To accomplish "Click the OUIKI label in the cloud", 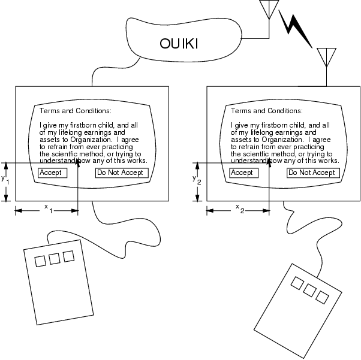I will [x=180, y=44].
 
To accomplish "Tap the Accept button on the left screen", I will [x=52, y=173].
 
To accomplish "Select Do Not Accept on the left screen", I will [x=122, y=173].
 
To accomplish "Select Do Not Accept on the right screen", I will [x=313, y=173].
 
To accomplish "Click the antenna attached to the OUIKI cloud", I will [x=267, y=11].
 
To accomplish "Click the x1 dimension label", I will [x=48, y=207].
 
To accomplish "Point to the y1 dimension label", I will [x=4, y=180].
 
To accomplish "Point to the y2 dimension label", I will [x=195, y=180].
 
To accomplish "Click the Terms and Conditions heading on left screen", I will [x=76, y=111].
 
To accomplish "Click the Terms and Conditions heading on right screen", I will [x=267, y=111].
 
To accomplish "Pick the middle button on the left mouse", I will [x=55, y=259].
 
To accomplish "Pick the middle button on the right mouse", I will [x=310, y=289].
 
